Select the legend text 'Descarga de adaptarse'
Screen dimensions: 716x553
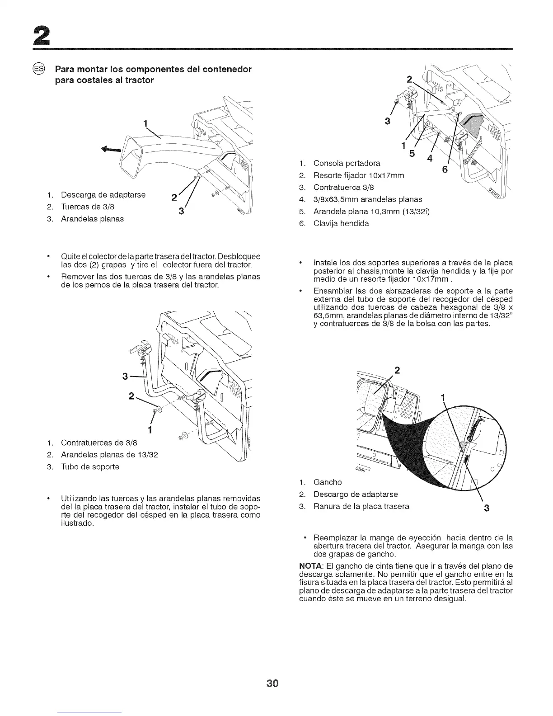click(x=103, y=195)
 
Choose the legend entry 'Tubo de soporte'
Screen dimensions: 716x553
click(x=90, y=466)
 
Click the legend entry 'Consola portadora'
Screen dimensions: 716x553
click(x=347, y=163)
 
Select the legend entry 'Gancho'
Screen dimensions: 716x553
click(x=328, y=482)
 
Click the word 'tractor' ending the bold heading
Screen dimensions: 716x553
click(x=140, y=80)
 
